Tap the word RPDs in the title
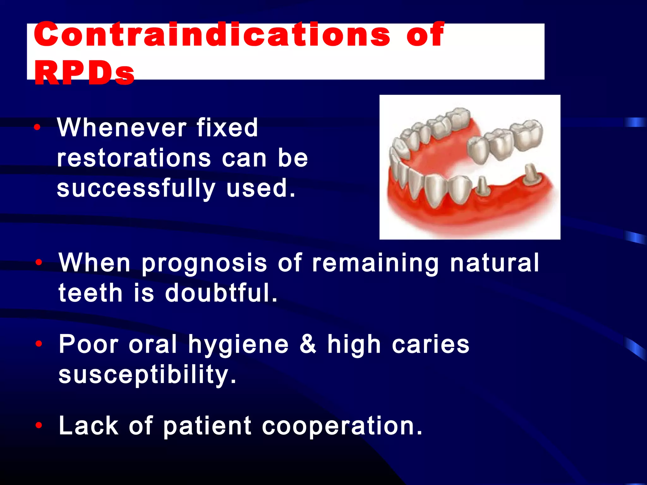pyautogui.click(x=84, y=73)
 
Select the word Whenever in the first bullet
pyautogui.click(x=121, y=128)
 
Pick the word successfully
pyautogui.click(x=136, y=189)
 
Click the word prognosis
pyautogui.click(x=204, y=263)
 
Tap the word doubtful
pyautogui.click(x=221, y=293)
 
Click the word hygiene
pyautogui.click(x=238, y=345)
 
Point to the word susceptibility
pyautogui.click(x=147, y=375)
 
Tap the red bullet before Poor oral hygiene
pyautogui.click(x=39, y=344)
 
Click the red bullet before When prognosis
pyautogui.click(x=39, y=262)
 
